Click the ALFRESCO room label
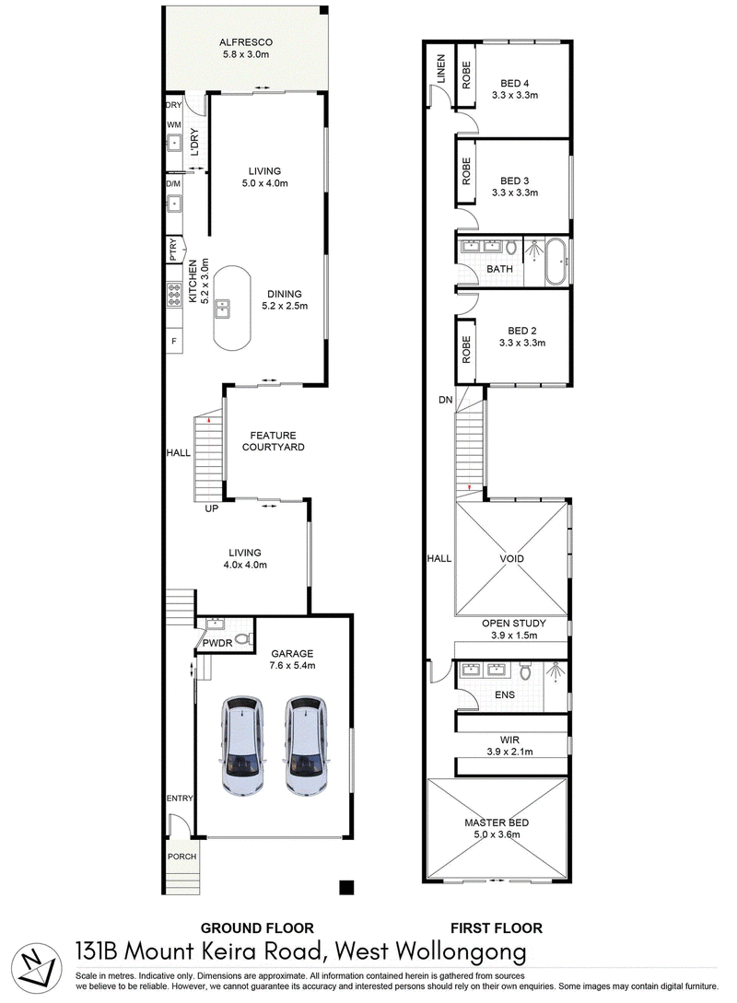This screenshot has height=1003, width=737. tap(246, 42)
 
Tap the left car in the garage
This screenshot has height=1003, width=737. tap(243, 745)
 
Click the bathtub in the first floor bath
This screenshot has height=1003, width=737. tap(556, 262)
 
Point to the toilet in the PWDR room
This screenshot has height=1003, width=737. tap(242, 638)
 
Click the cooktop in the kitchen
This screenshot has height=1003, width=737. tap(174, 294)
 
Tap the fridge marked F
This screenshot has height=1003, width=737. tap(174, 342)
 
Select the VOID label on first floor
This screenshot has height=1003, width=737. tap(512, 558)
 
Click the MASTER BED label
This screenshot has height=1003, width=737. tap(497, 822)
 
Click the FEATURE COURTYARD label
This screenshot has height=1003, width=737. tap(274, 441)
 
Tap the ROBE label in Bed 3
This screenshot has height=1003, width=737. tap(466, 171)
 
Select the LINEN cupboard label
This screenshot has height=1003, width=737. tap(440, 69)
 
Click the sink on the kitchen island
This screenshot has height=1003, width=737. tap(223, 309)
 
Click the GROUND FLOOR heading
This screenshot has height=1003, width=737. tap(257, 928)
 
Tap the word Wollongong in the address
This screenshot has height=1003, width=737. tap(462, 952)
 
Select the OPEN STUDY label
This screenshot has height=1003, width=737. tap(514, 623)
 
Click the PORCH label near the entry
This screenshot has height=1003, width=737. tap(181, 857)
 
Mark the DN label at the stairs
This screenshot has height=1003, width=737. tap(445, 401)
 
